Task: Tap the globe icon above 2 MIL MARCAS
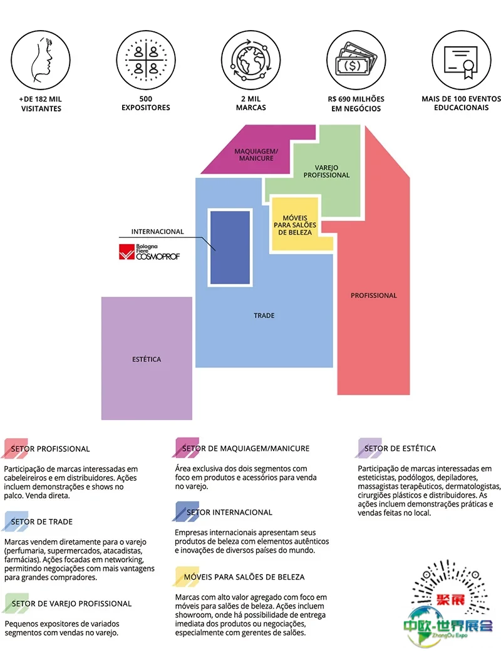251,60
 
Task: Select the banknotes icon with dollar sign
356,59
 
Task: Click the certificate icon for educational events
461,61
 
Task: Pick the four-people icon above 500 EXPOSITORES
146,60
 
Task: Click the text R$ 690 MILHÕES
356,99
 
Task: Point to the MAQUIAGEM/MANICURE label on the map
256,155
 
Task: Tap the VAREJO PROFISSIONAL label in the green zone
326,172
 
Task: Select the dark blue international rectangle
230,247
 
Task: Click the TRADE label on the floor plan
264,315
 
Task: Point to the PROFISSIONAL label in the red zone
374,295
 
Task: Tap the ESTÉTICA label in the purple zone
147,359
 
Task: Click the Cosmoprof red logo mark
127,252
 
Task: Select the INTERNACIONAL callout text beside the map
157,232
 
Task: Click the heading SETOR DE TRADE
41,522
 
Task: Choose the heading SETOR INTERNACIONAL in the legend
229,512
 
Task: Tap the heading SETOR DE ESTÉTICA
400,448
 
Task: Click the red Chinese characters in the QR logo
450,600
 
